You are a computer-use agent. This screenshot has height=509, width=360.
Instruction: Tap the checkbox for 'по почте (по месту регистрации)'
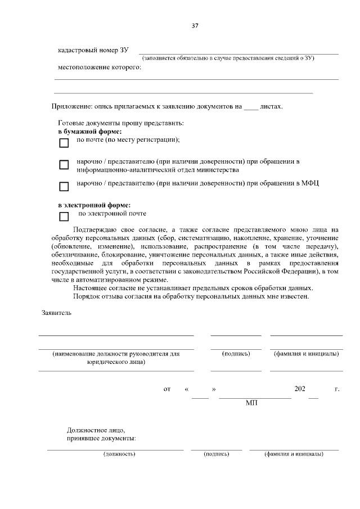64,143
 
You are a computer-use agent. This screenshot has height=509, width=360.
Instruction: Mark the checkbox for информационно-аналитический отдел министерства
64,165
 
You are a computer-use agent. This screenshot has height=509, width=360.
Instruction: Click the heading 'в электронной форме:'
91,205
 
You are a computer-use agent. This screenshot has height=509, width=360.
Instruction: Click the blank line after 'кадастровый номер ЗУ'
238,52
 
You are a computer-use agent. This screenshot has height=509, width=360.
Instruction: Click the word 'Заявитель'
57,312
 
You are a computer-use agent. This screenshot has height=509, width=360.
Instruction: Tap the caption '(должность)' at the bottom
119,453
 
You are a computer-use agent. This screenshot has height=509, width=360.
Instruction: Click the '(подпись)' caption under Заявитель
236,354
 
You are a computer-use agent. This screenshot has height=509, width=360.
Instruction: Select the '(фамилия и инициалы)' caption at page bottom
294,453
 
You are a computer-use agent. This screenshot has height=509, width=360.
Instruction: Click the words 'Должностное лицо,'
92,430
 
